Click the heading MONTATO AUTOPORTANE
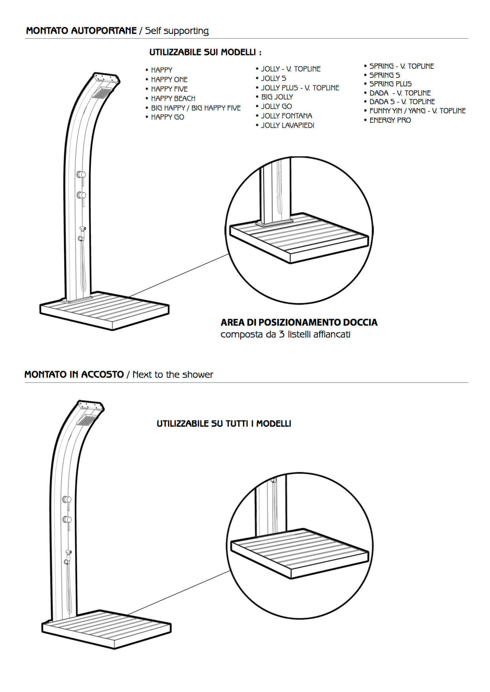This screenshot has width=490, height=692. [81, 31]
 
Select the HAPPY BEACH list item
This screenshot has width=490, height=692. [173, 98]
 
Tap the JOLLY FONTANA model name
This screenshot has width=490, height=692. [286, 116]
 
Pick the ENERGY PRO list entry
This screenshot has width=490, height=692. [390, 120]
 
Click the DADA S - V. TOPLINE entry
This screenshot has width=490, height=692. [402, 102]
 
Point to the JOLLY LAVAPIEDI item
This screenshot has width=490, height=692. [288, 125]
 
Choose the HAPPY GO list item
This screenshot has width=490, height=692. [167, 117]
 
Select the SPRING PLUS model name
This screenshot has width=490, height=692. [390, 84]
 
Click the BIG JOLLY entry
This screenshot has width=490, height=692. [277, 97]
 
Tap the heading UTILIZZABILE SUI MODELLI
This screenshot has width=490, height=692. [205, 52]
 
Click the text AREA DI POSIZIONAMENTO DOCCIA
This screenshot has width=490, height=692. [299, 323]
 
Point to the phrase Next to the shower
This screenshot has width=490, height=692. [173, 375]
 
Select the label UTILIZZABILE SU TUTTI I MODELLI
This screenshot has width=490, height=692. [224, 423]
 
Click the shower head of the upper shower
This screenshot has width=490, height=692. [102, 93]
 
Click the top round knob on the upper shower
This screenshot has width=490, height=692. [81, 174]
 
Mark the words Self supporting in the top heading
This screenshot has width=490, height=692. [177, 31]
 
